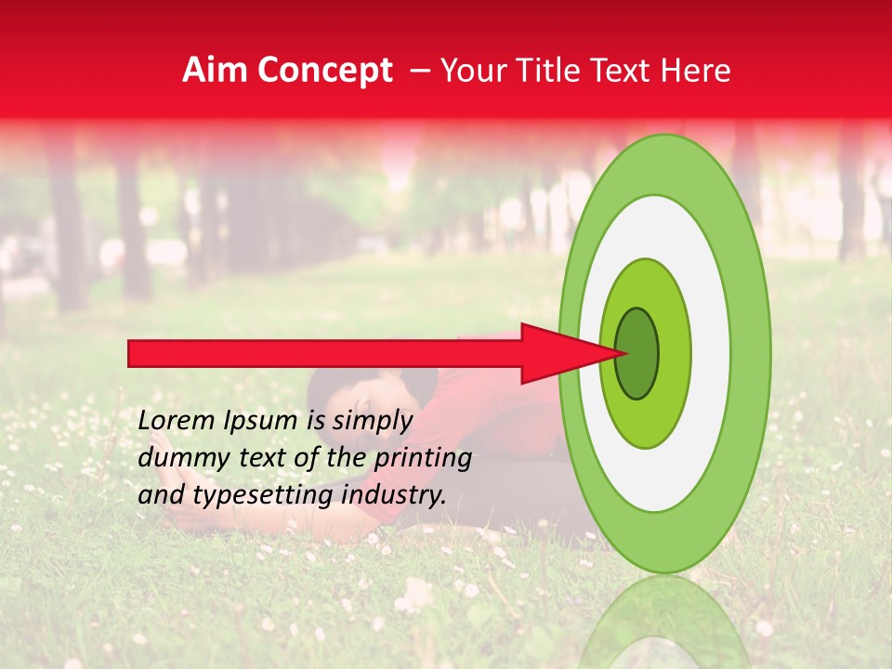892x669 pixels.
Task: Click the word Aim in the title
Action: tap(216, 71)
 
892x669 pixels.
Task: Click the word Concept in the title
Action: tap(324, 71)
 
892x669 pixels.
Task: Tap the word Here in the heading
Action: tap(696, 71)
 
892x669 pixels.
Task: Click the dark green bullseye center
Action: tap(637, 353)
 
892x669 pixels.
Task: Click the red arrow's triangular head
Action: tap(557, 353)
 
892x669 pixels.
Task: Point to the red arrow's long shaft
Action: tap(325, 353)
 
